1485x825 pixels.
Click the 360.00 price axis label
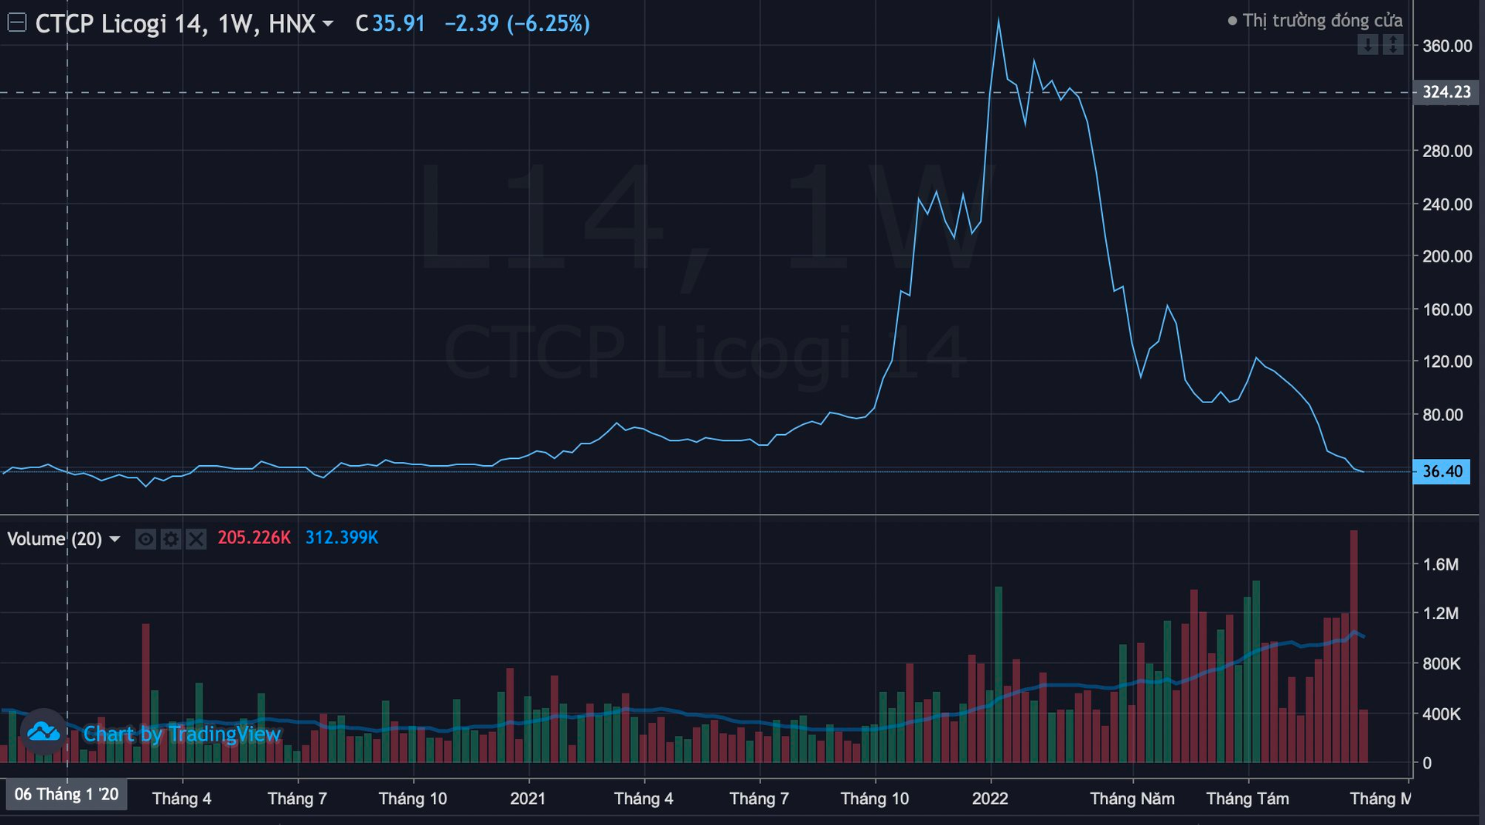[x=1446, y=46]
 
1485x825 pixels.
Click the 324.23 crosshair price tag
[x=1446, y=92]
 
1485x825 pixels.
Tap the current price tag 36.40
[x=1442, y=471]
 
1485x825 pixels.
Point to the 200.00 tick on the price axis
[x=1446, y=256]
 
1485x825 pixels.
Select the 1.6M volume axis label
[x=1441, y=565]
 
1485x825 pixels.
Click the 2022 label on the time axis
[x=990, y=799]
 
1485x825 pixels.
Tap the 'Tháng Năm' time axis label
[x=1132, y=799]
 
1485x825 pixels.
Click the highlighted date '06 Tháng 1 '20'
[x=67, y=795]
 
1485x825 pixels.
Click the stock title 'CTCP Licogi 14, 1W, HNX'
[x=175, y=24]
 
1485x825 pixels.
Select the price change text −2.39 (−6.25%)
[x=517, y=24]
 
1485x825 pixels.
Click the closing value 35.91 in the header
[x=398, y=24]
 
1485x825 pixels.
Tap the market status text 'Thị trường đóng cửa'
[x=1322, y=21]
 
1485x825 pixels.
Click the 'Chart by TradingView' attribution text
[x=182, y=734]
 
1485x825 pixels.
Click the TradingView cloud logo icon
[x=43, y=731]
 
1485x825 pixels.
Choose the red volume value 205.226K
[x=254, y=538]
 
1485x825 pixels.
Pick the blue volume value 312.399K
[x=341, y=538]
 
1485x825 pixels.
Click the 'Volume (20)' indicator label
[x=54, y=539]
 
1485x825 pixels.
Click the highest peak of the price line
[x=999, y=20]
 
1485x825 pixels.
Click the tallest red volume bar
[x=1354, y=646]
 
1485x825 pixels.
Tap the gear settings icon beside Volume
[x=171, y=539]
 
